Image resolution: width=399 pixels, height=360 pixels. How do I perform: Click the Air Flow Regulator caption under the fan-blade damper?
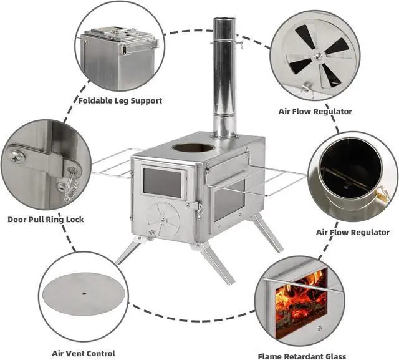[315, 112]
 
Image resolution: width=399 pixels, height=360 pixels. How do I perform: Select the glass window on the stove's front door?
[163, 182]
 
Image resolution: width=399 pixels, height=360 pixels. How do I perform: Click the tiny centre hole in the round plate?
[82, 292]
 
